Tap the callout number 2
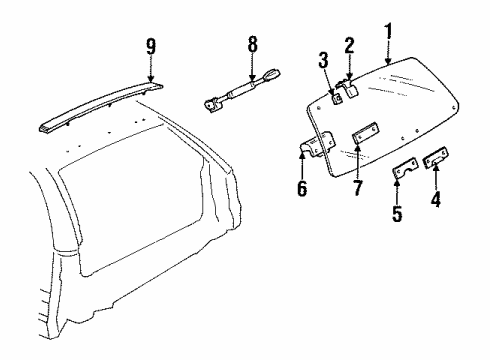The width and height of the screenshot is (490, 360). (350, 45)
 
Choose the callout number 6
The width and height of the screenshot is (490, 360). (303, 185)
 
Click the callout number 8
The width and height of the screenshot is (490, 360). (252, 44)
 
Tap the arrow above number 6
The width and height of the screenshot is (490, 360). (303, 163)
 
